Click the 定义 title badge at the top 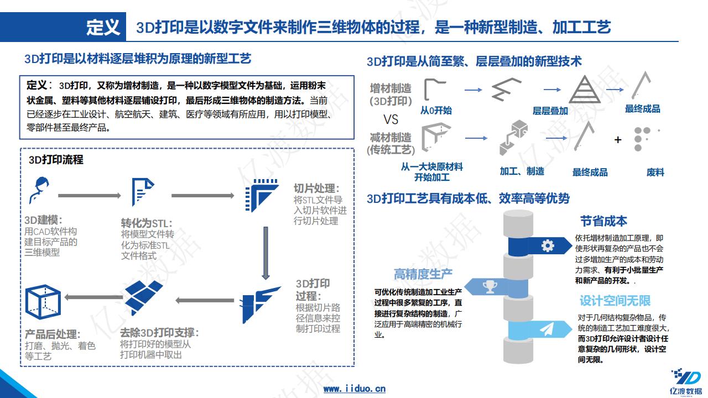[103, 27]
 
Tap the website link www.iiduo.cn [354, 389]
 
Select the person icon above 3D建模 [39, 191]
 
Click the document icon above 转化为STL [142, 192]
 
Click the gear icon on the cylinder [548, 245]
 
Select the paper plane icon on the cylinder [547, 330]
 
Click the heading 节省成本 [603, 221]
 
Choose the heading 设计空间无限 [615, 301]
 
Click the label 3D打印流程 [56, 160]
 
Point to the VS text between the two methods [391, 119]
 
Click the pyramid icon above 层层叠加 [584, 89]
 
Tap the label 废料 [655, 172]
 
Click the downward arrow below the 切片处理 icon [265, 252]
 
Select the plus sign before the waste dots [618, 140]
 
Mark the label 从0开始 [436, 111]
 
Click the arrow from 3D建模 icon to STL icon [89, 196]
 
